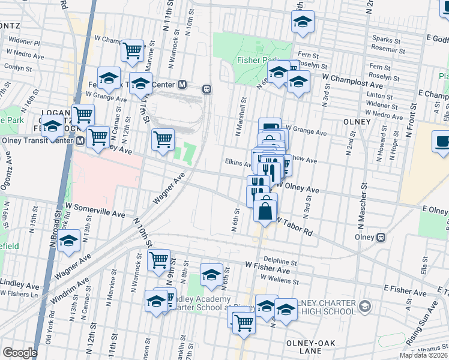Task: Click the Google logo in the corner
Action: pyautogui.click(x=19, y=353)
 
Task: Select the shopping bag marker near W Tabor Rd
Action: pyautogui.click(x=265, y=211)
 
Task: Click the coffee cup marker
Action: pyautogui.click(x=443, y=142)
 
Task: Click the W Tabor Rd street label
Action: pyautogui.click(x=295, y=226)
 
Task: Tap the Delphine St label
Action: pyautogui.click(x=280, y=262)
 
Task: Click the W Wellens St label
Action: pyautogui.click(x=279, y=278)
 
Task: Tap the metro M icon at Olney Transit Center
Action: pyautogui.click(x=80, y=140)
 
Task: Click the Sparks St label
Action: pyautogui.click(x=385, y=40)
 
